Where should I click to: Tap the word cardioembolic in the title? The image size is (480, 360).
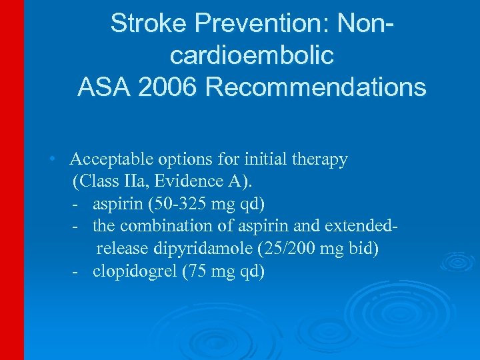(x=251, y=55)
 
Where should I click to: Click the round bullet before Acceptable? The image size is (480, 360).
(x=51, y=160)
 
